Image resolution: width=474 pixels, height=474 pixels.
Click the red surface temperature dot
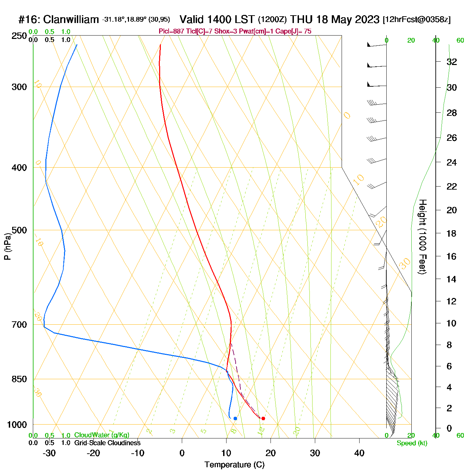263,418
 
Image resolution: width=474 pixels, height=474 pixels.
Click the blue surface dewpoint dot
235,418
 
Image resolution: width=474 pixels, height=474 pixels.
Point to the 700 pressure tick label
19,325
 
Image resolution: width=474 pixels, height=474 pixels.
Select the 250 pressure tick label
19,36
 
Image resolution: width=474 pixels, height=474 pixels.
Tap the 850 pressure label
19,379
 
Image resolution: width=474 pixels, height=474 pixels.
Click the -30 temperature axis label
49,453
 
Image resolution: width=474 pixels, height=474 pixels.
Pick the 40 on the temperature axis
359,453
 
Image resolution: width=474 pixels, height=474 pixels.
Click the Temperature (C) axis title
234,465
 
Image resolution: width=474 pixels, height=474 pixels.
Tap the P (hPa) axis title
7,246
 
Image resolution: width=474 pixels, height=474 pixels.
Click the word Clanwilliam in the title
71,20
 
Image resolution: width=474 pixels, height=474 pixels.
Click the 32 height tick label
452,62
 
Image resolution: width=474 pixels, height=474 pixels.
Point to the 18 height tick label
452,233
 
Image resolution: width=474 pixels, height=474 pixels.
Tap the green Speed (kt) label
412,443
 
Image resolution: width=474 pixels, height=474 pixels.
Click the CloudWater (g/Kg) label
102,435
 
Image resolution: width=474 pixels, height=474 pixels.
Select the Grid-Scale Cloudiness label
107,443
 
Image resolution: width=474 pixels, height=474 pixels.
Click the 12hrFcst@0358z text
416,20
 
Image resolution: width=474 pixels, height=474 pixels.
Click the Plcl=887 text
171,31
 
